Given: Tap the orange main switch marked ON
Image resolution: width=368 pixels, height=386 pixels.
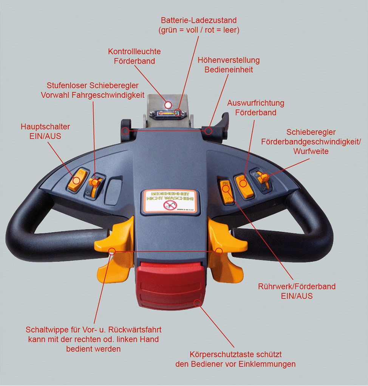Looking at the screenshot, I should point(77,180).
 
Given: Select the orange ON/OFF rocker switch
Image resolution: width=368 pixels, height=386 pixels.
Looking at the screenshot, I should point(226,192).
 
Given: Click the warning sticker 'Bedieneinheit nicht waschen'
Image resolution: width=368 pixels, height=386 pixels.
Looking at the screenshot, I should point(170,201).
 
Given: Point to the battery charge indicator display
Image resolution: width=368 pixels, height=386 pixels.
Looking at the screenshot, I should point(167,113).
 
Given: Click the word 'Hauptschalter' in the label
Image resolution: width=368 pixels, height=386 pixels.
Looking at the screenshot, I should point(45,127).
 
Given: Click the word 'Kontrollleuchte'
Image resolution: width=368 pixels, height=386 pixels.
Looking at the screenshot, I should point(134,51).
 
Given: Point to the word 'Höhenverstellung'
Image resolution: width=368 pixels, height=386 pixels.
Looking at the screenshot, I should point(229,60).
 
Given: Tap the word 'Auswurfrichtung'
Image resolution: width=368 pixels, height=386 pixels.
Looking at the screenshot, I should point(255,103).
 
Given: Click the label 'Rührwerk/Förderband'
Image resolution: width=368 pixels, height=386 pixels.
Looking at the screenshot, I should point(297,287).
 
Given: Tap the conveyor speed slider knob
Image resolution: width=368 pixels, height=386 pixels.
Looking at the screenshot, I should point(263,176).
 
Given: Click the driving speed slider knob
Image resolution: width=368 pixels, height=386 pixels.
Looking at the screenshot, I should point(95,183).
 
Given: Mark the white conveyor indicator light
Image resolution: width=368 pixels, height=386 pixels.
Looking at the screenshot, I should point(169,104).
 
